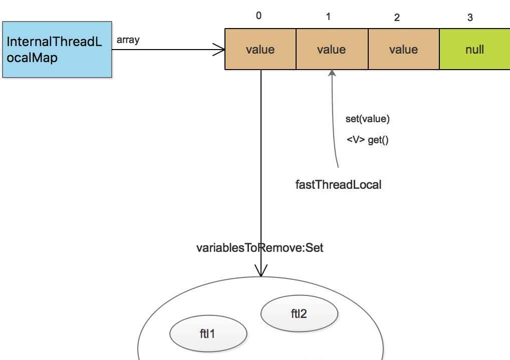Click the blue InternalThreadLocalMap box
coord(57,50)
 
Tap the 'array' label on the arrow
coord(128,40)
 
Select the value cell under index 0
coord(260,50)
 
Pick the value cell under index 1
coord(332,50)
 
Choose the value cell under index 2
coord(403,50)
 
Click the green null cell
coord(474,50)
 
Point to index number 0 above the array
coord(259,16)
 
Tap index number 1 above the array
coord(328,17)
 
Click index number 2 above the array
coord(397,18)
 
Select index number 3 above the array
coord(470,18)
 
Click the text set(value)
coord(367,119)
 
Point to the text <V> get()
coord(367,140)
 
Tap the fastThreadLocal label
coord(338,184)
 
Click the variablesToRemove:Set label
coord(260,248)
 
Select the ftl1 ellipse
coord(208,333)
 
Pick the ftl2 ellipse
coord(299,314)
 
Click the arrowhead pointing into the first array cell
coord(219,50)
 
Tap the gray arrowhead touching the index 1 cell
coord(332,74)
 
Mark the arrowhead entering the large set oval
coord(261,270)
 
